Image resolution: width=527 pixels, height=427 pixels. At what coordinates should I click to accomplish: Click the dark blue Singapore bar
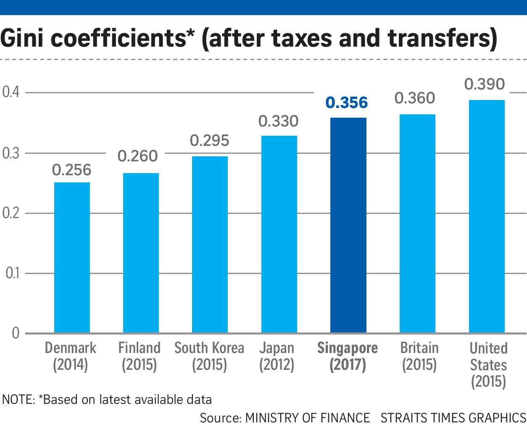348,225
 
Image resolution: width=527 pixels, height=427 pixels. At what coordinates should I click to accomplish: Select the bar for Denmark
72,257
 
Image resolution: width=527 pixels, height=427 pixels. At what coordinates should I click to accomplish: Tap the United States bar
486,216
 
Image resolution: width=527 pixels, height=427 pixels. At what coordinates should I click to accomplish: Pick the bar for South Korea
210,245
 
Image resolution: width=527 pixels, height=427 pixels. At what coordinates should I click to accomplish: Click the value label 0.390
484,84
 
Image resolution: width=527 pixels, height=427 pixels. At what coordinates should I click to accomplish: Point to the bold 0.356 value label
347,103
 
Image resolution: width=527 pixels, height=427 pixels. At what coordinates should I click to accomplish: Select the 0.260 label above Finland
137,156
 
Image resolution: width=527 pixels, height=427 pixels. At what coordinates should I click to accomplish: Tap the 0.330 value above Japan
278,121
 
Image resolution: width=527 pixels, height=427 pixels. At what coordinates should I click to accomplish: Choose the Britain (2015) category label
419,356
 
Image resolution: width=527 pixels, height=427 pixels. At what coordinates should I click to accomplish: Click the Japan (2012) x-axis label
277,356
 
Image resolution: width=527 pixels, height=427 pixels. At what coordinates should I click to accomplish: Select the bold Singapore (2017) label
348,356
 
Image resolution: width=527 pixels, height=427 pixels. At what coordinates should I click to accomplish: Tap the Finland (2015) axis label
139,356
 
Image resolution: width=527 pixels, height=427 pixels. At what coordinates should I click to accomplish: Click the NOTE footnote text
107,399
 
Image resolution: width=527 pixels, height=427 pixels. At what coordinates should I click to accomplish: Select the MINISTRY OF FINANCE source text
307,418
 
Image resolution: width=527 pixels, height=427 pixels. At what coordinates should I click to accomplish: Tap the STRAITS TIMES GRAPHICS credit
453,418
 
